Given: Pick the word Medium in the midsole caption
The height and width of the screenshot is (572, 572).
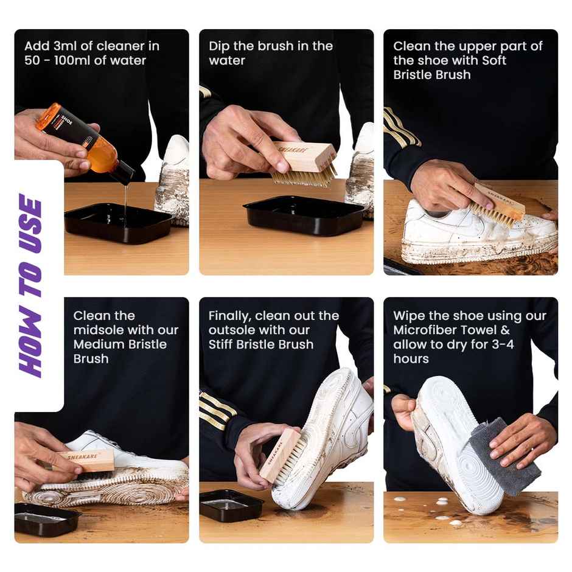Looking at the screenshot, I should pos(95,344).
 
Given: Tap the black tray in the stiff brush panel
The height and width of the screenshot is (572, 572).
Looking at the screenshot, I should pos(231,504).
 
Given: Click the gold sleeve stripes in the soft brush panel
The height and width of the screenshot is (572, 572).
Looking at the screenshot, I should pos(402,128).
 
